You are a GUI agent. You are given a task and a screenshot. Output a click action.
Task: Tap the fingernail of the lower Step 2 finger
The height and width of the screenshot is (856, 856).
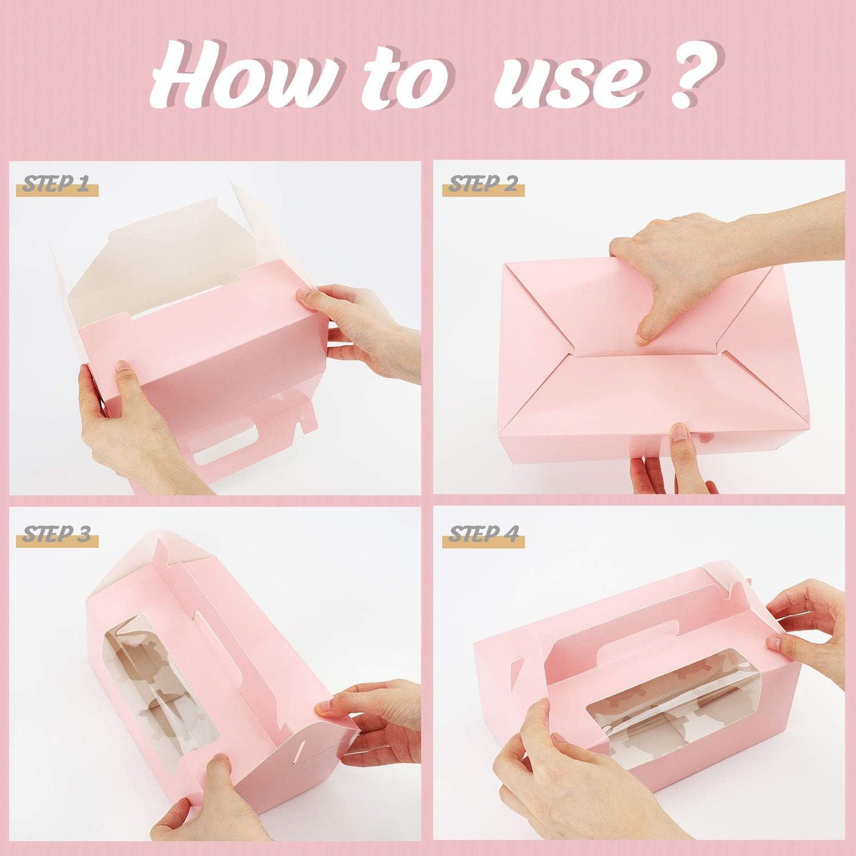coord(679,432)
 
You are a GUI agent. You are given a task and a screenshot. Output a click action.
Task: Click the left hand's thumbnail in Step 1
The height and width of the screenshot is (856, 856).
coord(121,367)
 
